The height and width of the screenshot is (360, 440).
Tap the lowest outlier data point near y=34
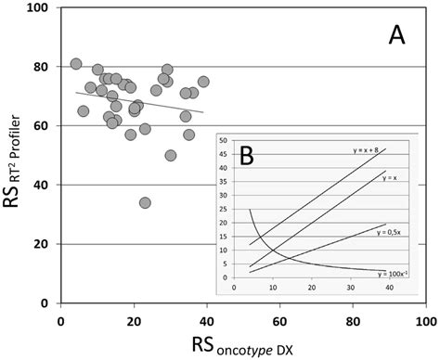click(x=145, y=202)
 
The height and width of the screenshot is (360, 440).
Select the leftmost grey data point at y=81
click(x=76, y=64)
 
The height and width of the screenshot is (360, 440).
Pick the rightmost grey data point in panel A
click(x=203, y=82)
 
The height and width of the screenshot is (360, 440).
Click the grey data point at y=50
click(x=171, y=155)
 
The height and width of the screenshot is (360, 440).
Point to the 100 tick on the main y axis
click(x=42, y=8)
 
